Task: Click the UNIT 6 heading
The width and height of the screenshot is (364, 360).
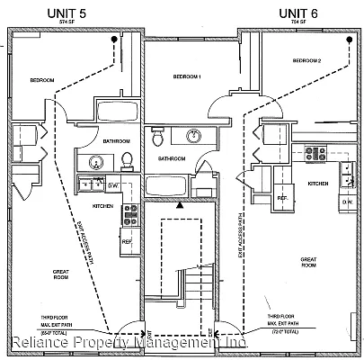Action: [297, 12]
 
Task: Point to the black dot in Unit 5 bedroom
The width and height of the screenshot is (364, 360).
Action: [112, 40]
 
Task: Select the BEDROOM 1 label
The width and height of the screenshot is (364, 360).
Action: [186, 77]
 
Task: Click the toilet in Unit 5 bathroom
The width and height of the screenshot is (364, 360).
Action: [127, 160]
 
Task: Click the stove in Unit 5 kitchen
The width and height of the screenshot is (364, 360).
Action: [130, 213]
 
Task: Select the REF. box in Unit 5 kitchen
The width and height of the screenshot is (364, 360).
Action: [127, 241]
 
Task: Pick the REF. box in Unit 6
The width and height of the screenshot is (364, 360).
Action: [281, 197]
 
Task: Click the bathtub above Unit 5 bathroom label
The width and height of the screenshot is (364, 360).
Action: [117, 114]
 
